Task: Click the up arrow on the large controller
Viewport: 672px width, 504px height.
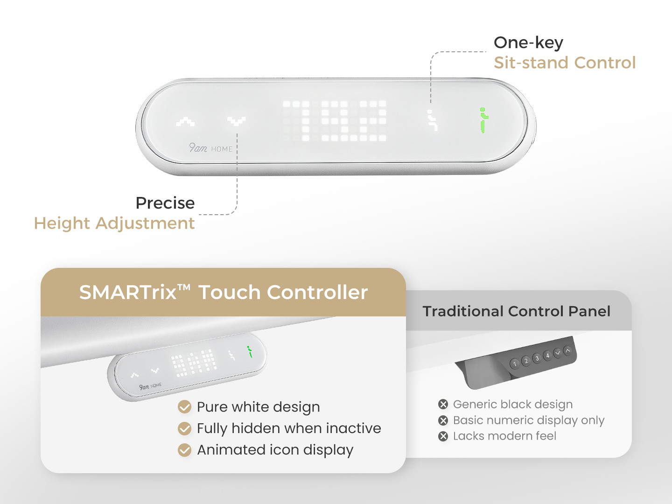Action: [185, 121]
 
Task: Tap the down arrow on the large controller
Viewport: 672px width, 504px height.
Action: [236, 121]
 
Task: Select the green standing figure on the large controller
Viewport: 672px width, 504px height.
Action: [483, 120]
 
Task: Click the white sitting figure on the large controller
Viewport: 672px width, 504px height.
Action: [432, 120]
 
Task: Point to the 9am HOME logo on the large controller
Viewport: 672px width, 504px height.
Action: [210, 148]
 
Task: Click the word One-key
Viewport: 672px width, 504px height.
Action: [528, 43]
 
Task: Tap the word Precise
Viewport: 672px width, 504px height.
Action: [165, 203]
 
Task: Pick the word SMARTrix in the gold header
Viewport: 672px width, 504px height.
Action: [128, 292]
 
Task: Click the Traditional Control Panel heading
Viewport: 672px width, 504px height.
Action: [517, 311]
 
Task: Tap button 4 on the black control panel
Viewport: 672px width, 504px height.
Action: [547, 356]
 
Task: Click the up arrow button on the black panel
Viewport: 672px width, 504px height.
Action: [567, 350]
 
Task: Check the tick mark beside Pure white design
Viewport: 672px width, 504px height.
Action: [185, 407]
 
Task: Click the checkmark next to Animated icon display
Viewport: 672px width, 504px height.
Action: [185, 450]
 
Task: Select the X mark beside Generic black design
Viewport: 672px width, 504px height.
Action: [443, 404]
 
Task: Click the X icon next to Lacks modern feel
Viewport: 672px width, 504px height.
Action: [443, 436]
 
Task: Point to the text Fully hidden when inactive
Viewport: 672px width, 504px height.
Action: [289, 428]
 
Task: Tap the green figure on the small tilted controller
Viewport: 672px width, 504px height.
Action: [250, 351]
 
